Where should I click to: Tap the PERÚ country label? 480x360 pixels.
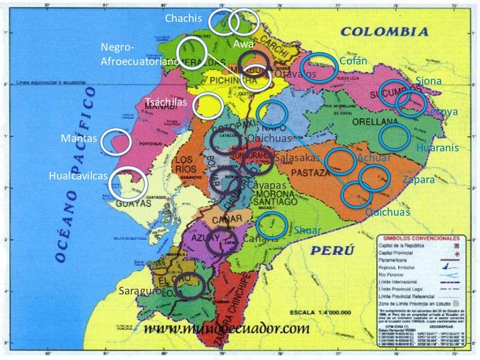pyautogui.click(x=331, y=251)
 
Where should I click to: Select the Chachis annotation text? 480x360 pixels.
pyautogui.click(x=183, y=18)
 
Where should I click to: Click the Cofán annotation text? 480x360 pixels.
pyautogui.click(x=353, y=61)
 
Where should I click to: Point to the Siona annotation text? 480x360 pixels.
pyautogui.click(x=429, y=81)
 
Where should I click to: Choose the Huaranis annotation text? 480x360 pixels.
pyautogui.click(x=437, y=147)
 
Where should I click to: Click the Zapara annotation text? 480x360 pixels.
pyautogui.click(x=418, y=179)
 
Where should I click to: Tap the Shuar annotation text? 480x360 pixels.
pyautogui.click(x=307, y=230)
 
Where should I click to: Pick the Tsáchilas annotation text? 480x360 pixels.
pyautogui.click(x=166, y=102)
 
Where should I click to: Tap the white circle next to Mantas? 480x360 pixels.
pyautogui.click(x=116, y=142)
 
